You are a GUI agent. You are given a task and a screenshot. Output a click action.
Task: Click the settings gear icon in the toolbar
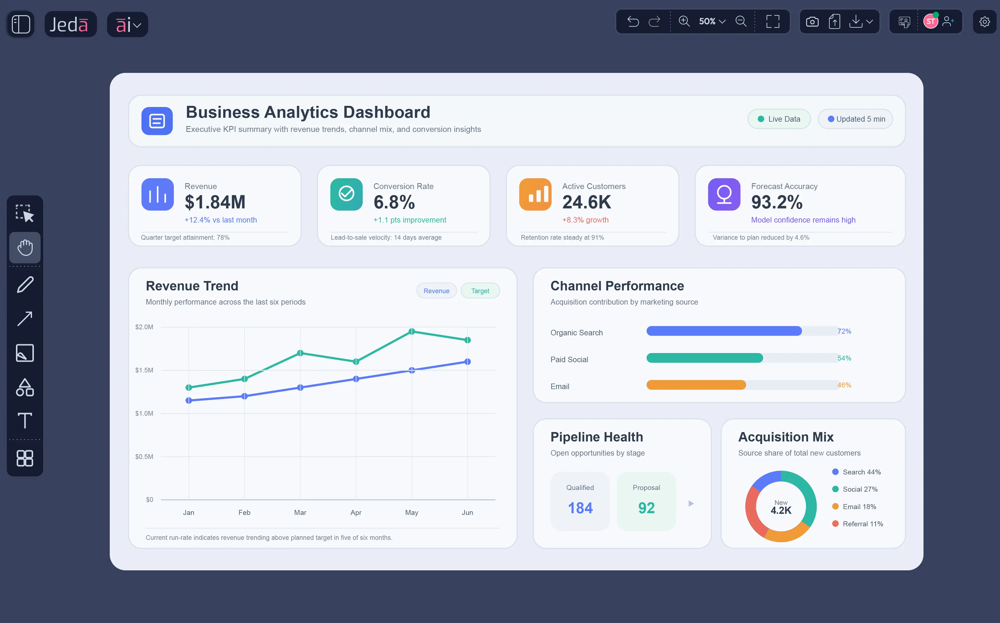coord(984,22)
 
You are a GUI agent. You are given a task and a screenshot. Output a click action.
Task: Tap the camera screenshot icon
coord(812,22)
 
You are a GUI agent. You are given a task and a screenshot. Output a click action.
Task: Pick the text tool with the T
coord(25,421)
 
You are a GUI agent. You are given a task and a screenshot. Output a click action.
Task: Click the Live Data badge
coord(779,119)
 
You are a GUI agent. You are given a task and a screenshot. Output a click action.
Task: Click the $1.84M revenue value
coord(215,202)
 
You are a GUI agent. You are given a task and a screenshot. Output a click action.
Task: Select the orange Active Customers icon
coord(535,195)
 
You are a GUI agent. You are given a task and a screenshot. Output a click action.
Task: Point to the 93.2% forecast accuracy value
coord(777,202)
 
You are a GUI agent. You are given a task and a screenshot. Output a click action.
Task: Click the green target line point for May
coord(412,331)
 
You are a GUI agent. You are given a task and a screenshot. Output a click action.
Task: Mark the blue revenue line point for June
coord(467,362)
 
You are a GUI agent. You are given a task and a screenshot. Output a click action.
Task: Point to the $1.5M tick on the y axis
coord(144,370)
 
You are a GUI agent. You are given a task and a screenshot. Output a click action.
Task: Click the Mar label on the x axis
coord(300,513)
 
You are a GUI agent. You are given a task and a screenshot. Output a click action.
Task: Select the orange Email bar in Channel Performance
coord(696,385)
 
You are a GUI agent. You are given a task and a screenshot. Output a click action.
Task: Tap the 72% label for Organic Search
coord(844,331)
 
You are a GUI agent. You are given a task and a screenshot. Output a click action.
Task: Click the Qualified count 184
coord(580,508)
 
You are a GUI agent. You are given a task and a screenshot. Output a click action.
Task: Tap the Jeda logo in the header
coord(70,25)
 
